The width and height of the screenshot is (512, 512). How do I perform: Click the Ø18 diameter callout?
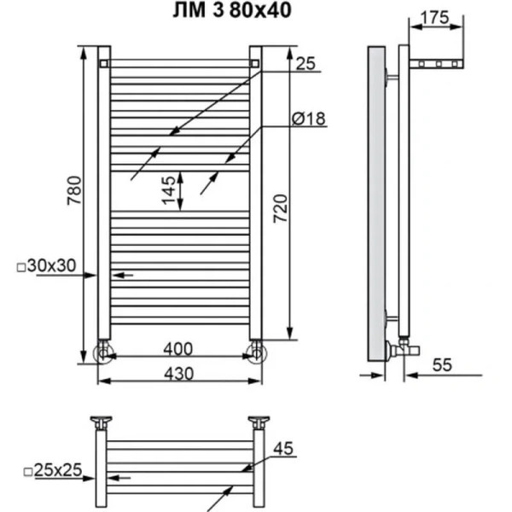(308, 119)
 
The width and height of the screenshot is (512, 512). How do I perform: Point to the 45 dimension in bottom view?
(285, 448)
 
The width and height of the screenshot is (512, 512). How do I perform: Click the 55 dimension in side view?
(441, 364)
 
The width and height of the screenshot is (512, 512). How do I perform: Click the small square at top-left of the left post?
(103, 63)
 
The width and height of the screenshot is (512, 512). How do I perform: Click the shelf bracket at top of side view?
(436, 64)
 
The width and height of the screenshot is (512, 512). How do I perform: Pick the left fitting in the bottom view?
(103, 422)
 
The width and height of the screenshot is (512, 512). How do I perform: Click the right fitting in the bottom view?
(258, 422)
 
